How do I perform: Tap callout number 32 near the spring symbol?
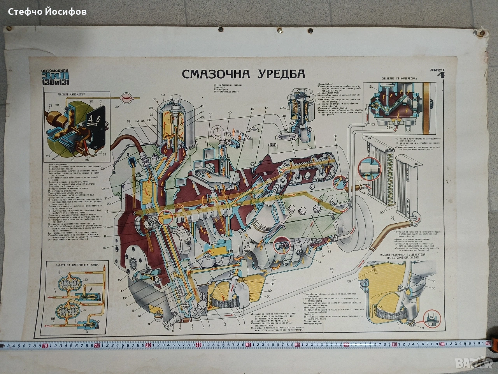[x=117, y=106]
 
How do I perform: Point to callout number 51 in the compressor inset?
[x=371, y=87]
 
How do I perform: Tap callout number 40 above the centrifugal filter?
[x=163, y=95]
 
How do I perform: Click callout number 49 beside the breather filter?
[x=281, y=108]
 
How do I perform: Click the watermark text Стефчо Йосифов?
[x=47, y=11]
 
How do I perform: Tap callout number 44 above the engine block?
[x=211, y=114]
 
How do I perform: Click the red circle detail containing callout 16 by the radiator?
[x=367, y=167]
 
